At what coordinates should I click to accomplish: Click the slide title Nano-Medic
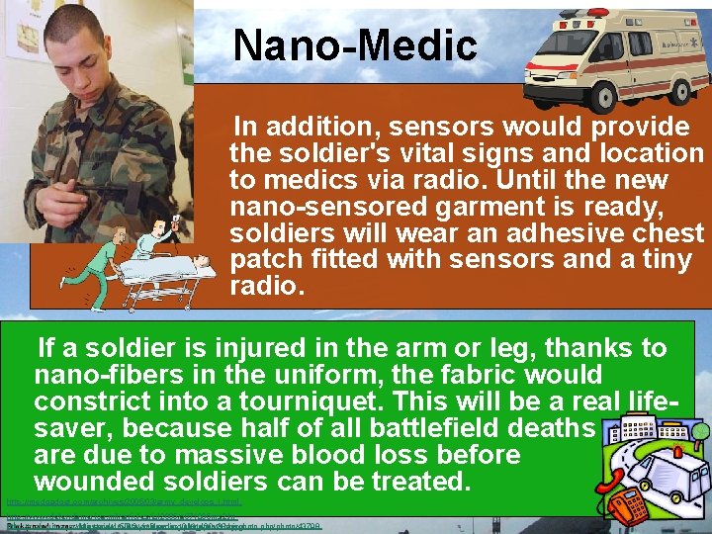coord(355,44)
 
